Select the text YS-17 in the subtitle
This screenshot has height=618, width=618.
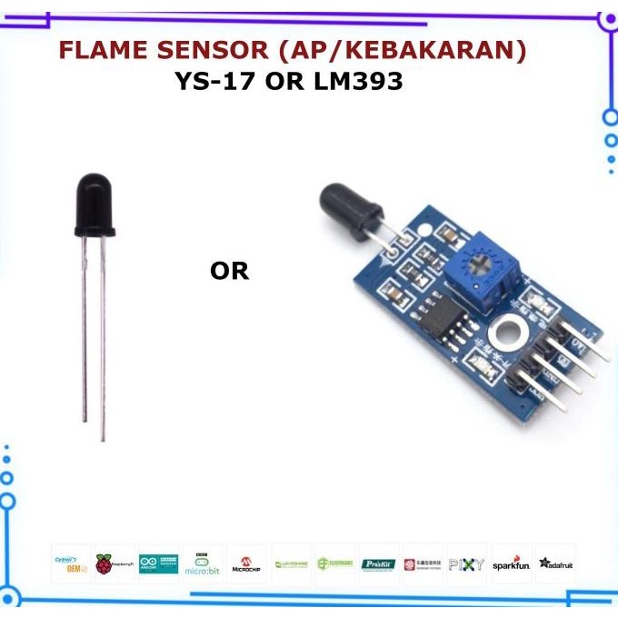[x=216, y=82]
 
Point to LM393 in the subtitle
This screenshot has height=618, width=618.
[x=354, y=82]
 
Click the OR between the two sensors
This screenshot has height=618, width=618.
[x=229, y=271]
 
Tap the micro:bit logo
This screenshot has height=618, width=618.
[x=202, y=564]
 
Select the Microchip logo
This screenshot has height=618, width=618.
[x=245, y=564]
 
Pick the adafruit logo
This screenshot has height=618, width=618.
[x=555, y=564]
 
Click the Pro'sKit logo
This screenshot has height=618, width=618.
[x=379, y=564]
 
